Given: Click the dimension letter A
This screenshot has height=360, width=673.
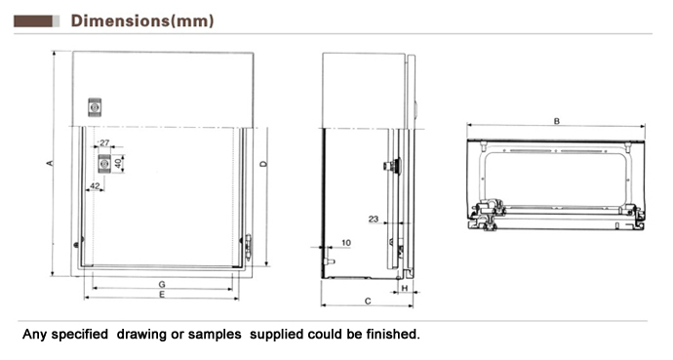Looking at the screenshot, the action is tap(50, 163).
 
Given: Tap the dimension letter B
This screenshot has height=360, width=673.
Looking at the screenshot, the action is tap(557, 121).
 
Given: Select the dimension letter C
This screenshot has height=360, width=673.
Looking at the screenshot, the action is tap(368, 301).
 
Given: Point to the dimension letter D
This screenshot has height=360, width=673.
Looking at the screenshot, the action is tap(263, 164).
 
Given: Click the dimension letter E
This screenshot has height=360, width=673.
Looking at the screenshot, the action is tap(162, 295).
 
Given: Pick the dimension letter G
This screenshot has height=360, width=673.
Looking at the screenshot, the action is tap(162, 284).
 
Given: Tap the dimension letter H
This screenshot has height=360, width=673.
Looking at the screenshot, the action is tap(405, 288).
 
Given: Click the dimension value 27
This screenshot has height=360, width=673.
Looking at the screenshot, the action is tap(104, 142).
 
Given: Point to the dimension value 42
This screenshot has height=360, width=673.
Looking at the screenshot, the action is tap(95, 185).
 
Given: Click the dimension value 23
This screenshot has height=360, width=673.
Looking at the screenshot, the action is tap(374, 219).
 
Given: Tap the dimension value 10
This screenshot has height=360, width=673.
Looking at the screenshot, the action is tap(346, 243).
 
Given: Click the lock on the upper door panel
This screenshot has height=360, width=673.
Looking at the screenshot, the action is tap(95, 107).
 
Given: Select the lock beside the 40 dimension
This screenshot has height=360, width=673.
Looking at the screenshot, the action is tap(103, 164).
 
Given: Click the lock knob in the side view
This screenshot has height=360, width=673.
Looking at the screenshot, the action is tap(392, 166).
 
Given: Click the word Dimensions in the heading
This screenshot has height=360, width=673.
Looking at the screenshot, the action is tap(120, 20).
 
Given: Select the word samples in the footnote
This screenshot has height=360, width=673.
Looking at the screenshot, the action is tap(215, 335).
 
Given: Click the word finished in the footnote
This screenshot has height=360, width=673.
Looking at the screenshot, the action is tap(393, 334).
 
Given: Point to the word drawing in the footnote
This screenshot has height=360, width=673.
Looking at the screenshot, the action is tap(141, 335).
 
